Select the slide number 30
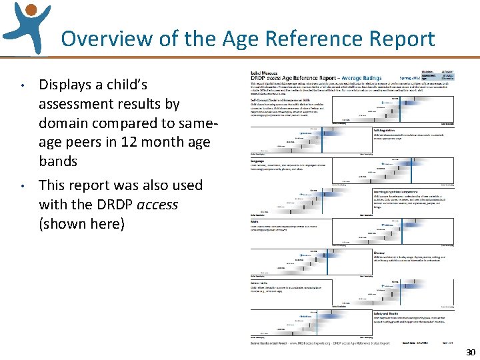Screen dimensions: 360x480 tap(471, 353)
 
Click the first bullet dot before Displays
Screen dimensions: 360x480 tap(22, 85)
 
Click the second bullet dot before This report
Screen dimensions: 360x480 tap(22, 186)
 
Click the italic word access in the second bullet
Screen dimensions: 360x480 tap(157, 204)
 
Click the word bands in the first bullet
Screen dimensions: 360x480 tap(58, 161)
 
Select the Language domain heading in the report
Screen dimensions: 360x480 tap(251, 161)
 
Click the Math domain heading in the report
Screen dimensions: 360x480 tap(247, 223)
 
